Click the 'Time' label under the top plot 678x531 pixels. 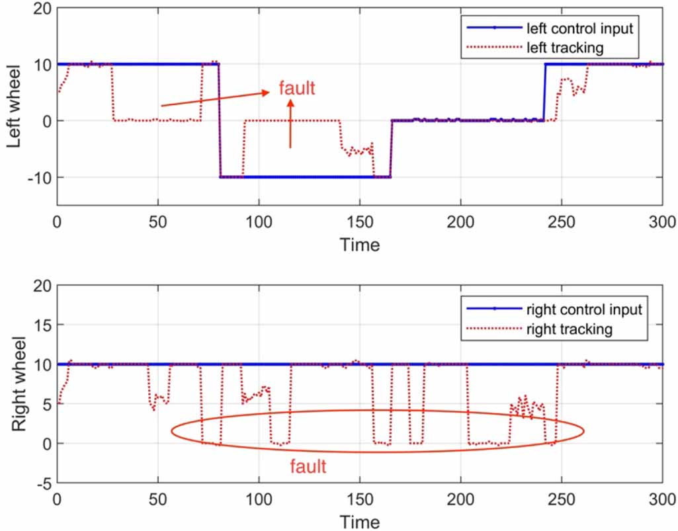point(360,245)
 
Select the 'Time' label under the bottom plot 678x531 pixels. point(360,522)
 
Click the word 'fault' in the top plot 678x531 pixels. point(297,89)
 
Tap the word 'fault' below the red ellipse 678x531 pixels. point(308,467)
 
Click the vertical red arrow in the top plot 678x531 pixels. point(290,122)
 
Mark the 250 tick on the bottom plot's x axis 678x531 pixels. point(562,499)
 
